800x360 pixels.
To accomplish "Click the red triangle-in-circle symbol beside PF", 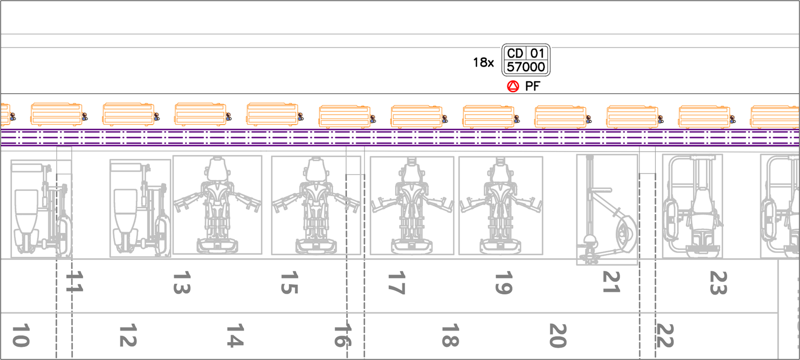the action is click(x=513, y=86).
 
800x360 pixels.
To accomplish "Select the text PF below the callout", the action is click(x=533, y=86).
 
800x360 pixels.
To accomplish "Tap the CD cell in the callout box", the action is click(x=515, y=53).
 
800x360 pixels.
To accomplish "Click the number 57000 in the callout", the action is click(x=526, y=67).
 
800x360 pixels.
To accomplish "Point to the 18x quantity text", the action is click(x=483, y=63).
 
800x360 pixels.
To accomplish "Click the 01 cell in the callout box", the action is click(x=537, y=53).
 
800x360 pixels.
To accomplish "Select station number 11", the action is click(x=74, y=281).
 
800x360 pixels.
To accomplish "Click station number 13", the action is click(x=182, y=283).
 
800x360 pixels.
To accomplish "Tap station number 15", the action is click(x=289, y=283).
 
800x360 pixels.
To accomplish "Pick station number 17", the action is click(x=397, y=283).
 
